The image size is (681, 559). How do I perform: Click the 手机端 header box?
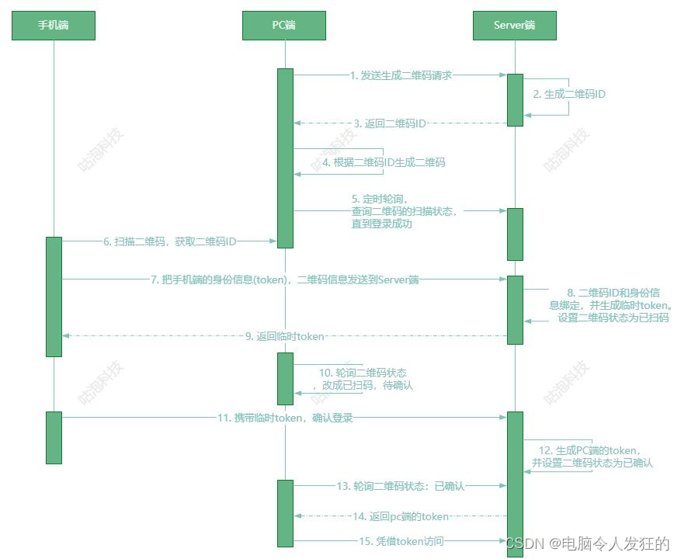coord(54,26)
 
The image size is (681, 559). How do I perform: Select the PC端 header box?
coord(284,26)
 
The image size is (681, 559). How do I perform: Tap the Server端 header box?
coord(514,26)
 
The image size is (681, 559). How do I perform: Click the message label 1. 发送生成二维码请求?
coord(401,75)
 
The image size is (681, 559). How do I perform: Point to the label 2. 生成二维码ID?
coord(569,94)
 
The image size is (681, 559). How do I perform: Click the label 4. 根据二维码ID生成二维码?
coord(384,163)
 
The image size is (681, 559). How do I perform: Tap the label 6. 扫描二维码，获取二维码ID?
coord(170,241)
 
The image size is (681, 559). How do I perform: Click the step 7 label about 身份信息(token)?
coord(284,279)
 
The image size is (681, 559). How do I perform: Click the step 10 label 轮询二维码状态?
coord(363,379)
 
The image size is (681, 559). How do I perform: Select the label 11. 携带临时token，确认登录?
coord(285,418)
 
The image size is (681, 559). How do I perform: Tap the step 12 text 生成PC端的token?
coord(592,457)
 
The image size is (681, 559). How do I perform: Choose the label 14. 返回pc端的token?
coord(400,516)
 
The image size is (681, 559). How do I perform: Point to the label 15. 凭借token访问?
coord(400,541)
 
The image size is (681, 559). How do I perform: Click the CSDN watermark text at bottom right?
coord(587,544)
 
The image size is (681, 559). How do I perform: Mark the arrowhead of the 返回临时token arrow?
coord(66,336)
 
